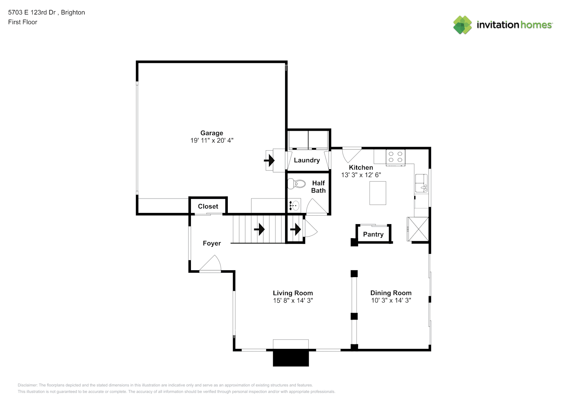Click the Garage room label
[x=212, y=133]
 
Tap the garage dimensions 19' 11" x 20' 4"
[x=212, y=140]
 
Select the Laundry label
[x=307, y=160]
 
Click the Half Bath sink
[x=294, y=205]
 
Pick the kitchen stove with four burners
[x=395, y=158]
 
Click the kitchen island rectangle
[x=378, y=193]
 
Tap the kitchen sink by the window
[x=421, y=183]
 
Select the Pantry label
[x=373, y=235]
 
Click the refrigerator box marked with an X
[x=418, y=229]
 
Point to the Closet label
[x=208, y=207]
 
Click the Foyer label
[x=212, y=243]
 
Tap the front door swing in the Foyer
[x=211, y=263]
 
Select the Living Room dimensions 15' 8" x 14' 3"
[x=293, y=300]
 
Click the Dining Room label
[x=391, y=293]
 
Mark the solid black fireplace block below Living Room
[x=291, y=358]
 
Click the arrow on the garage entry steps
[x=269, y=160]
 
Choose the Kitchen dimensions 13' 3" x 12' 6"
[x=361, y=175]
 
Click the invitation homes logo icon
[x=462, y=25]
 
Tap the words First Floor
[x=22, y=22]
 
